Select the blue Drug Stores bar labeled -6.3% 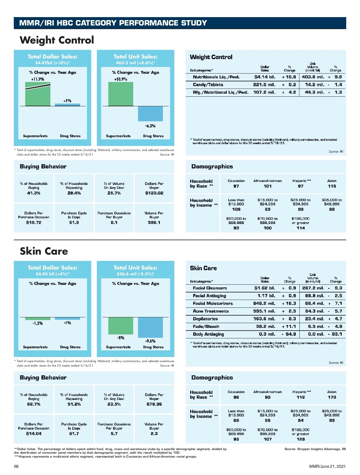(x=150, y=114)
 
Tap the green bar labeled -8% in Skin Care (x=121, y=326)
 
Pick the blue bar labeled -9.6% (x=150, y=328)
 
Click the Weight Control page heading (x=57, y=40)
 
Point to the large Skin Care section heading (x=44, y=251)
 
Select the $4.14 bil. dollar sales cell (x=265, y=77)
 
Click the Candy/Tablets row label (x=208, y=85)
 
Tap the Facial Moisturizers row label (x=213, y=304)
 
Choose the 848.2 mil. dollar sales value (x=264, y=304)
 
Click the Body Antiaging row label (x=208, y=334)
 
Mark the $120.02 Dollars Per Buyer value (x=154, y=193)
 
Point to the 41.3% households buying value (x=34, y=193)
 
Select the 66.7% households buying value (x=34, y=404)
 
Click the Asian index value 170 (x=332, y=397)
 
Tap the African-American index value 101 (x=268, y=186)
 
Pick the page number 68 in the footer (x=16, y=466)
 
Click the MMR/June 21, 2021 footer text (x=327, y=466)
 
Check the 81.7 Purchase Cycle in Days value (x=74, y=434)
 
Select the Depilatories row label (x=205, y=319)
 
